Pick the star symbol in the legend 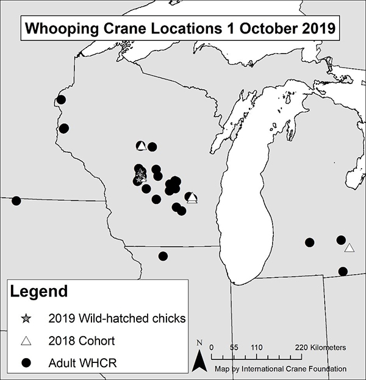(x=26, y=318)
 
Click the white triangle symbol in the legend (x=26, y=340)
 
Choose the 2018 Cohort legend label (x=81, y=340)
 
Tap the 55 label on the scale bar (x=234, y=347)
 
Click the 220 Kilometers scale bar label (x=320, y=347)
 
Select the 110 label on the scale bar (x=256, y=347)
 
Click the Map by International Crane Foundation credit (x=281, y=368)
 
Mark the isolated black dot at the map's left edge (x=16, y=201)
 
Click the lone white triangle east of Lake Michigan (x=349, y=248)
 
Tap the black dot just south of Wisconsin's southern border (x=163, y=256)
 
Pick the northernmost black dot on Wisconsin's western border (x=61, y=100)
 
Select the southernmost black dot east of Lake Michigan (x=343, y=271)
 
